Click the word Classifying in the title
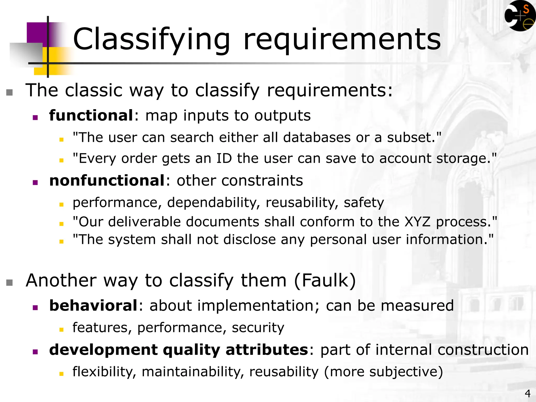[x=151, y=40]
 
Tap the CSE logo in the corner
[x=520, y=16]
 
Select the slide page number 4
[x=528, y=393]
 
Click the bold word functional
[x=91, y=115]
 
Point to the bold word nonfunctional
[x=107, y=181]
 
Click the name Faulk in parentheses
[x=325, y=280]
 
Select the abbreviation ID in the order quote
[x=224, y=159]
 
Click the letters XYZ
[x=417, y=222]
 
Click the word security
[x=258, y=328]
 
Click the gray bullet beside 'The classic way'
[x=9, y=92]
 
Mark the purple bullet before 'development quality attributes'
[x=35, y=352]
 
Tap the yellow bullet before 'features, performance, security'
[x=62, y=330]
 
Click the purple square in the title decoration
[x=37, y=33]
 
